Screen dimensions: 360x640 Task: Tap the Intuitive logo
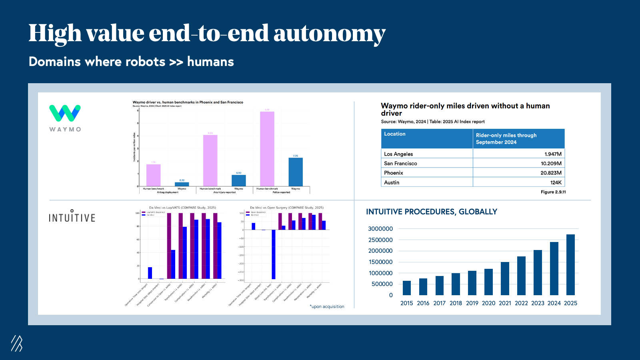click(72, 216)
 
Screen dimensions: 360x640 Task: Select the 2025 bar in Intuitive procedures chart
click(570, 265)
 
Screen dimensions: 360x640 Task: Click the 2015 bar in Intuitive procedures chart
click(407, 288)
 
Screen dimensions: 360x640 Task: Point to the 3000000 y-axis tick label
click(380, 229)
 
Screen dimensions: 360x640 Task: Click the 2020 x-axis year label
click(488, 303)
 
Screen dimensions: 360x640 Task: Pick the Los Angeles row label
click(398, 154)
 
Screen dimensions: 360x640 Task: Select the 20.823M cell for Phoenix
click(551, 173)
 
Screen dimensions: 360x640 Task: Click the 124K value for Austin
click(556, 182)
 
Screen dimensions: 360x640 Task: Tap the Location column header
click(395, 134)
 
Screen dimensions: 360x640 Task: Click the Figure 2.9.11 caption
click(553, 192)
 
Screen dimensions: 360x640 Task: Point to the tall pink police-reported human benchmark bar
click(267, 149)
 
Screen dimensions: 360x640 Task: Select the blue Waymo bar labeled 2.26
click(296, 172)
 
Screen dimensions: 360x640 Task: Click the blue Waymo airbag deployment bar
click(182, 184)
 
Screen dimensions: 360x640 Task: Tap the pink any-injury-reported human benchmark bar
click(210, 160)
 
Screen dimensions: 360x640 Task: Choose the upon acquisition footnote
click(327, 307)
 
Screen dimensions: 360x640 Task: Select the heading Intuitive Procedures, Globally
click(432, 212)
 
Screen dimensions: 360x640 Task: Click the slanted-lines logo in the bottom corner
click(16, 343)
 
